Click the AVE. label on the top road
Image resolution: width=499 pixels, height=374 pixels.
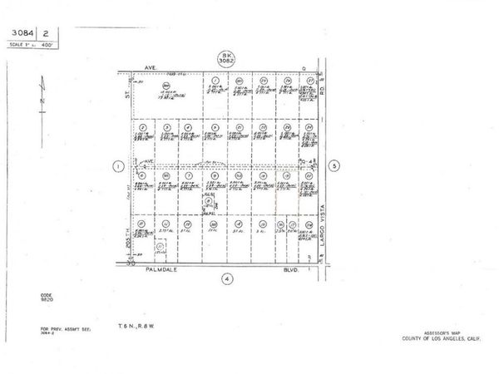(x=152, y=70)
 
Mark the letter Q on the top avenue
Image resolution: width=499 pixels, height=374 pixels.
(x=304, y=70)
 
